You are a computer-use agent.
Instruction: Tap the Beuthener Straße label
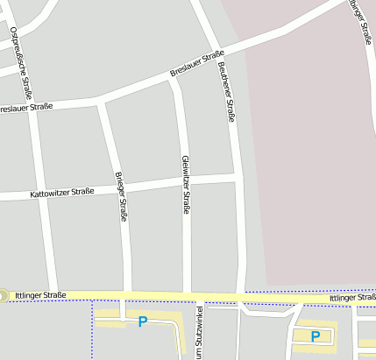(226, 91)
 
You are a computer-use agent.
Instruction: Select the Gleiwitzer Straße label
(185, 184)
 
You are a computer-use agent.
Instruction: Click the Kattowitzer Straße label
(61, 192)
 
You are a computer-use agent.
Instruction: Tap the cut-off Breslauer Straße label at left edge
(26, 107)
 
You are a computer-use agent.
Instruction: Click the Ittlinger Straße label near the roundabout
(40, 296)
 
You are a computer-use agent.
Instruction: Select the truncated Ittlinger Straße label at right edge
(352, 299)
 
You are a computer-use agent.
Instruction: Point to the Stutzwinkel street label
(200, 333)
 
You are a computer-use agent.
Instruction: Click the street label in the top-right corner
(361, 22)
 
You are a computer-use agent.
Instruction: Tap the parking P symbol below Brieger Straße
(142, 322)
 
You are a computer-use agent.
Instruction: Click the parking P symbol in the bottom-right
(316, 335)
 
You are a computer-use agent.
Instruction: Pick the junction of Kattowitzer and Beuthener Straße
(237, 176)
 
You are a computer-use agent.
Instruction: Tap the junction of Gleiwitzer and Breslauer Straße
(174, 81)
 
